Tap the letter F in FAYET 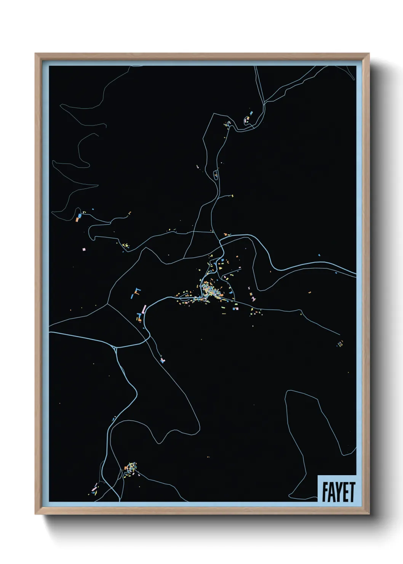tap(325, 492)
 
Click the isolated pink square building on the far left tap(84, 249)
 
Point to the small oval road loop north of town tap(216, 175)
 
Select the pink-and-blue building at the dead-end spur tap(163, 360)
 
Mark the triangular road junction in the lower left tap(115, 347)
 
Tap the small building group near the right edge tap(340, 344)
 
